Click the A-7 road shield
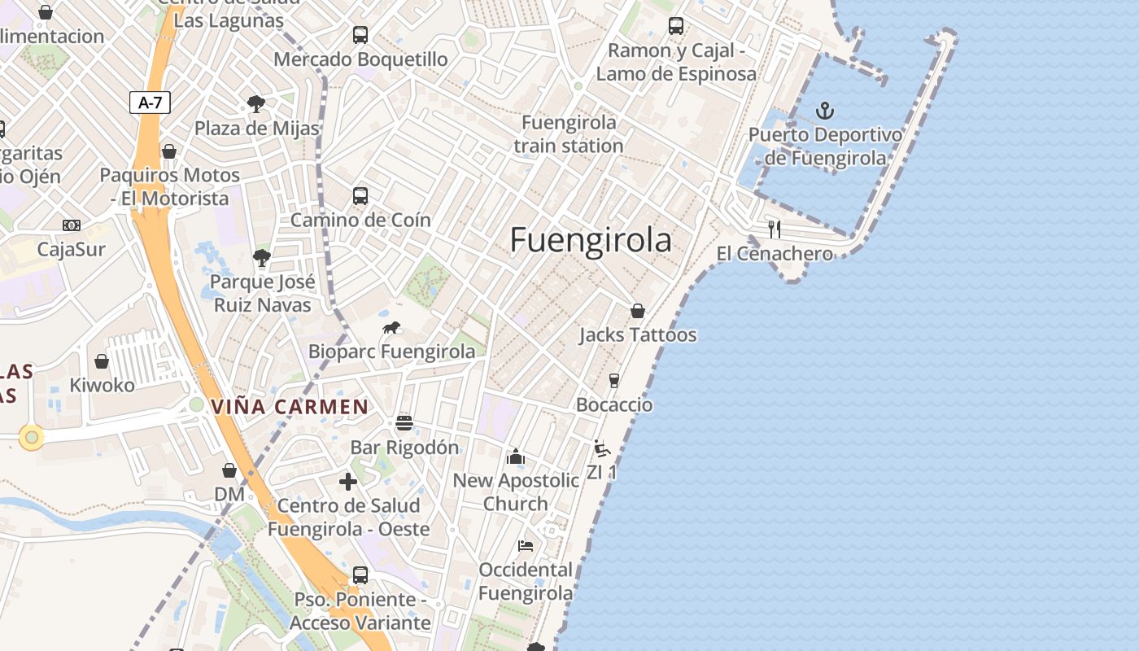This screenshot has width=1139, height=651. click(150, 103)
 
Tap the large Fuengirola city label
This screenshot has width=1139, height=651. click(591, 240)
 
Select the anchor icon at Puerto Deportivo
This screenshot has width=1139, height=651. click(825, 110)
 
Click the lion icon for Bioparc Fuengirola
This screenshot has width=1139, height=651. click(391, 328)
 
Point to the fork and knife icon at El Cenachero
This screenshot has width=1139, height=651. click(775, 229)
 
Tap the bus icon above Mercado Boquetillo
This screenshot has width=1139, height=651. click(360, 35)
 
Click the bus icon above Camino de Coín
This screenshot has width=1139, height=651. click(360, 196)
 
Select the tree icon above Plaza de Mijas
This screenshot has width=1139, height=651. click(256, 104)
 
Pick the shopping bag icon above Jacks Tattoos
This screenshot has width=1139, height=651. click(638, 311)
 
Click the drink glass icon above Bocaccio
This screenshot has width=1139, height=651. click(614, 381)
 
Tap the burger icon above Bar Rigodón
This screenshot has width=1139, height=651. click(404, 422)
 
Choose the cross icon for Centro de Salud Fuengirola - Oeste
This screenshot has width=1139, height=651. click(348, 482)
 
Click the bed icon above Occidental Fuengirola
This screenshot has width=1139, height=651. click(526, 545)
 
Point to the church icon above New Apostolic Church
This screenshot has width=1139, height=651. click(516, 457)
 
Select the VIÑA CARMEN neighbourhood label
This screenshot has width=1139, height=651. click(290, 407)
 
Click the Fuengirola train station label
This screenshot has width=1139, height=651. click(569, 134)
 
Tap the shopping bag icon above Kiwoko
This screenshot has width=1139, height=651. click(102, 361)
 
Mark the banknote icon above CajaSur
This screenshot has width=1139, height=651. click(72, 225)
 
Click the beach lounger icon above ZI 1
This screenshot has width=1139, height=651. click(602, 448)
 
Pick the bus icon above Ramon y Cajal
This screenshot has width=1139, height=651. click(676, 26)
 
